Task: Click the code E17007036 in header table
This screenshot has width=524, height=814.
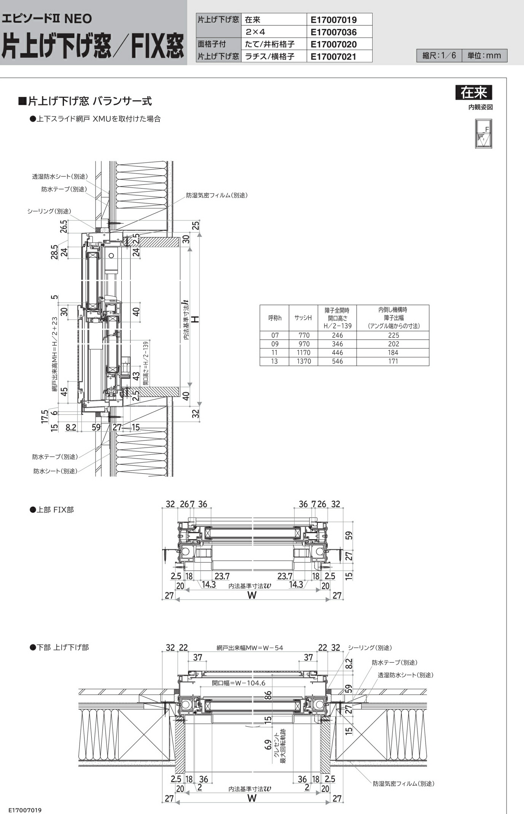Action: (334, 32)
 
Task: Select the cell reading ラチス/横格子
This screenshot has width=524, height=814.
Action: (269, 57)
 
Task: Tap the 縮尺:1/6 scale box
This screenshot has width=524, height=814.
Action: (439, 56)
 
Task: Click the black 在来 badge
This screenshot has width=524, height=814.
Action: (473, 92)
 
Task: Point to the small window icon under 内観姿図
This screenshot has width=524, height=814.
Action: (483, 134)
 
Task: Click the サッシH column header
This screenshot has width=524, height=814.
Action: (303, 318)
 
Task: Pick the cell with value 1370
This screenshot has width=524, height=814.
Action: (304, 361)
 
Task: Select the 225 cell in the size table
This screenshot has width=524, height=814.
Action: (393, 335)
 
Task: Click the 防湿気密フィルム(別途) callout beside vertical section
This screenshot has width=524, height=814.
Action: (217, 195)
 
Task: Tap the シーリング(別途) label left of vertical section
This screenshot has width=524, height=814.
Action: (49, 211)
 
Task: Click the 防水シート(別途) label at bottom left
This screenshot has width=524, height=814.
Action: (55, 471)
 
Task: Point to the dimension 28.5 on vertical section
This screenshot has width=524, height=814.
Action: (54, 252)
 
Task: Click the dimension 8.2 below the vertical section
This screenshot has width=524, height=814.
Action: (71, 427)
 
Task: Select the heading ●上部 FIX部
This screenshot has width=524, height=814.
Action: (52, 510)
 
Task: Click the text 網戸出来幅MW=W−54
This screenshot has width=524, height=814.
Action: (250, 648)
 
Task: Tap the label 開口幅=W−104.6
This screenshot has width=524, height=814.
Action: (239, 683)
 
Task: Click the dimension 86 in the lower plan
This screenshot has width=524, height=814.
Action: (268, 695)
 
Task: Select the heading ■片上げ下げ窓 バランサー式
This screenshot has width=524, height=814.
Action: (85, 101)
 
